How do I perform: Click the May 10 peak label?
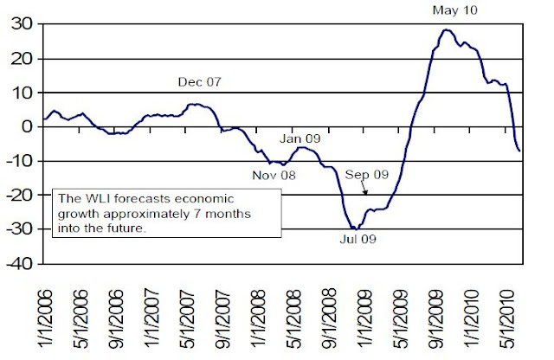coord(454,11)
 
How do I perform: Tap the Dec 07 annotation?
coord(200,83)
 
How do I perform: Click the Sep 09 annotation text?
coord(367,174)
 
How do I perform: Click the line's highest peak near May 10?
coord(446,30)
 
